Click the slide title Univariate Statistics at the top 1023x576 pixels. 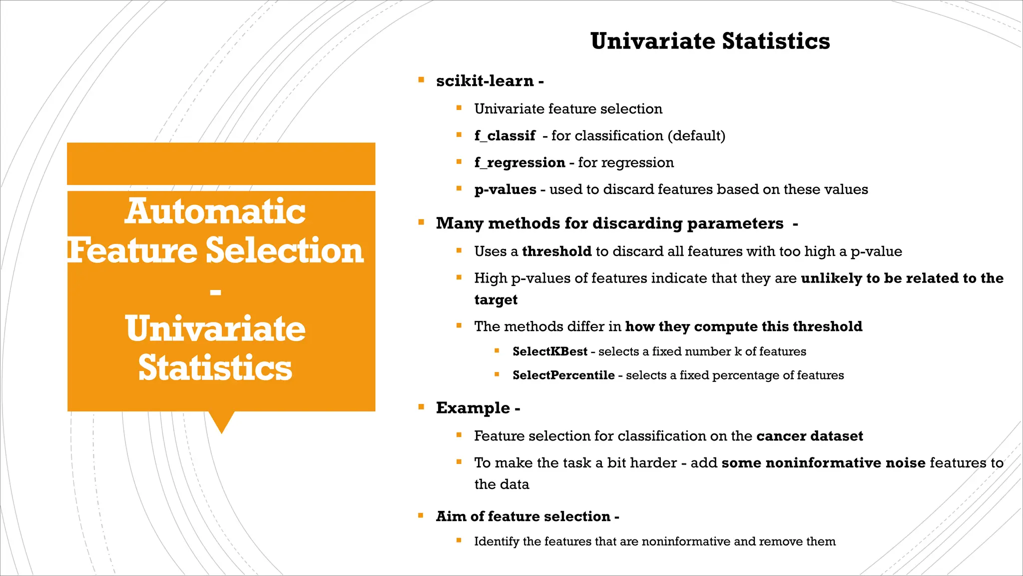(x=710, y=41)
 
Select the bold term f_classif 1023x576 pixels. (x=505, y=135)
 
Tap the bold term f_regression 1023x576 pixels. (x=519, y=162)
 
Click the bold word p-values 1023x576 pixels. (x=505, y=189)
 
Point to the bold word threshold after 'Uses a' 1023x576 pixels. (x=556, y=251)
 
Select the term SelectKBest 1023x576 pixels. (x=549, y=351)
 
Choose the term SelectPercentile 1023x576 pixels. (x=563, y=375)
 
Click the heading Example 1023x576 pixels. (x=473, y=408)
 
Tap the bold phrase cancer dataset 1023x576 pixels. (x=809, y=436)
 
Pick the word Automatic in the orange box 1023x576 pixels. (x=215, y=211)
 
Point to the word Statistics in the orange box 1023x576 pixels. (x=215, y=367)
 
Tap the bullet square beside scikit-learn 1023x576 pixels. (x=421, y=79)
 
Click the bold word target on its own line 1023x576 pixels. (x=496, y=299)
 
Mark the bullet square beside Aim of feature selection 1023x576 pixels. (x=421, y=515)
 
